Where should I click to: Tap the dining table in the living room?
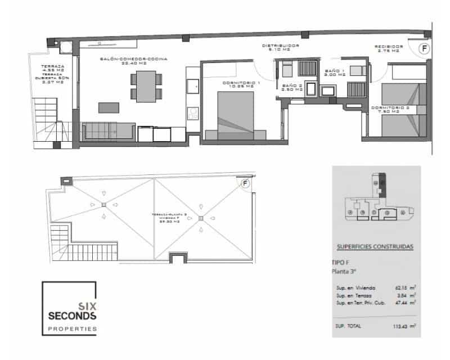[146, 86]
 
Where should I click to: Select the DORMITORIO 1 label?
[241, 84]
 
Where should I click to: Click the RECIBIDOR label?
[388, 47]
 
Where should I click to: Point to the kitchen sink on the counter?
[193, 85]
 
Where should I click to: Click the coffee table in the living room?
[109, 107]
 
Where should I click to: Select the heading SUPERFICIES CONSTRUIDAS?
[375, 246]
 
